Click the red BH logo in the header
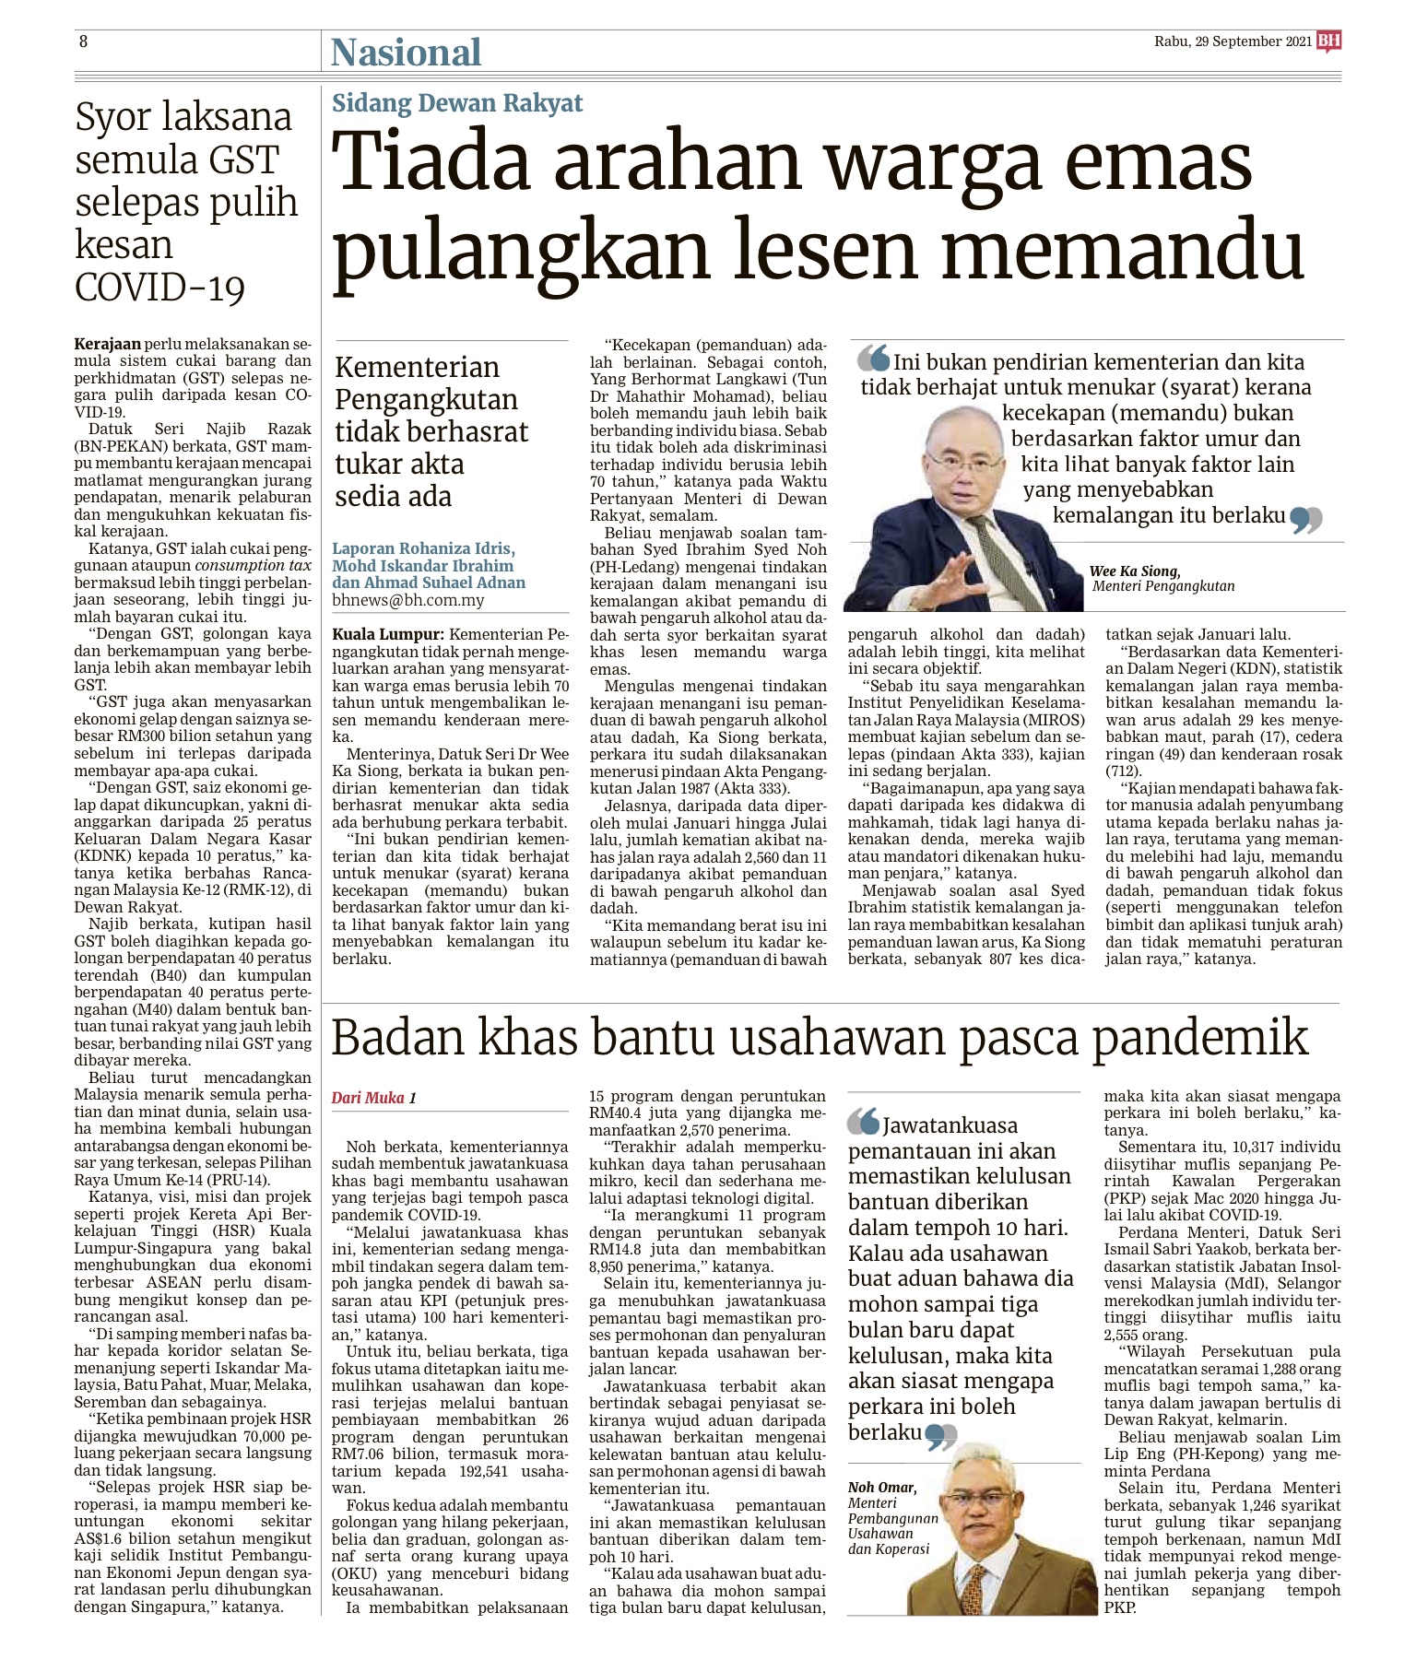(1328, 41)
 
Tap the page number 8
(83, 41)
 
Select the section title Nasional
(406, 53)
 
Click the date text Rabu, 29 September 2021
(1232, 41)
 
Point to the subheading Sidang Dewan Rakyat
(457, 103)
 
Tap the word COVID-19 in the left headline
(159, 288)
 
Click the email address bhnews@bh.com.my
(408, 600)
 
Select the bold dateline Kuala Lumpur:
(388, 635)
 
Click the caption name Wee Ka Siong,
(1134, 571)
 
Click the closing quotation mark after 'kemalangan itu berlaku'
(1307, 520)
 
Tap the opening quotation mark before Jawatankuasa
(864, 1121)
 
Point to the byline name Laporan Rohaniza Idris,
(423, 548)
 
